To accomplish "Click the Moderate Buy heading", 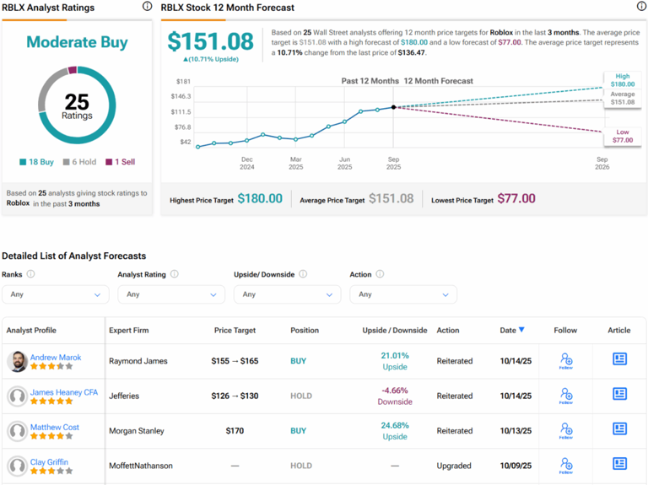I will pos(77,42).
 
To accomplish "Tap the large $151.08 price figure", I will pos(210,42).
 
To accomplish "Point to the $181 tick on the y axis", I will pos(183,82).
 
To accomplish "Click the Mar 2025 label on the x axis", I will pos(295,163).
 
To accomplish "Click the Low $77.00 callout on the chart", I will pos(623,136).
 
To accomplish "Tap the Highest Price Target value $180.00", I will pos(260,198).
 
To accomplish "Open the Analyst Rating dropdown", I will pos(171,294).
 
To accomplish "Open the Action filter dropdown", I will pos(403,294).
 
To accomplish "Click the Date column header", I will pos(511,330).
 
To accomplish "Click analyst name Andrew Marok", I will pos(56,357).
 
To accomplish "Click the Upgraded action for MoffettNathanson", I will pos(454,465).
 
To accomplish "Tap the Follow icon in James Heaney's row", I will pos(566,395).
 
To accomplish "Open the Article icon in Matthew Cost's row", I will pos(619,429).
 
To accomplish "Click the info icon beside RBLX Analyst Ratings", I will pos(147,7).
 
